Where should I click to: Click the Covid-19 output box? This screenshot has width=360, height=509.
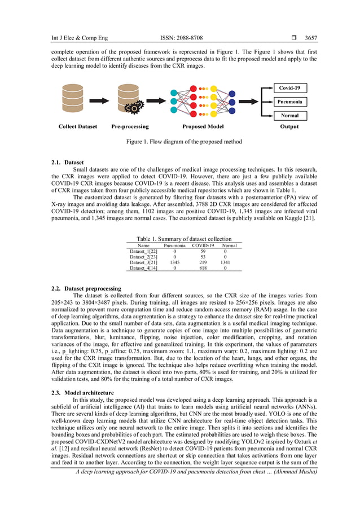click(x=289, y=88)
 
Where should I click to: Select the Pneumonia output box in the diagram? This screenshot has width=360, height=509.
click(x=289, y=102)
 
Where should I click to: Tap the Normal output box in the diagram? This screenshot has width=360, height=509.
click(x=289, y=116)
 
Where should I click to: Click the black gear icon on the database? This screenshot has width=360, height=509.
click(x=135, y=109)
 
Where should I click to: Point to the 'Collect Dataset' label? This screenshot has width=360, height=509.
click(x=78, y=126)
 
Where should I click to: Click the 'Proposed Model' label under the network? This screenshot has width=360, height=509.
click(x=203, y=126)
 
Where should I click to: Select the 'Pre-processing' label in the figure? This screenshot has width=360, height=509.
click(x=130, y=126)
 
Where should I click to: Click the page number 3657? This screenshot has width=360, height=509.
click(x=311, y=38)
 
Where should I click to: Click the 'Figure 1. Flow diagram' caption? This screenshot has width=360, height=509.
click(x=183, y=142)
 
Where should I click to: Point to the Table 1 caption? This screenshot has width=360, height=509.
click(x=184, y=239)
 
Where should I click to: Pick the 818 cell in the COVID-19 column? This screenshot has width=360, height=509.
click(x=203, y=269)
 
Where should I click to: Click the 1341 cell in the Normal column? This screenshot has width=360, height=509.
click(x=229, y=262)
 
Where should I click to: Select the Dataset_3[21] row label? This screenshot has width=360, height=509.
click(x=144, y=262)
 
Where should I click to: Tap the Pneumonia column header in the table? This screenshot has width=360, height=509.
click(x=174, y=245)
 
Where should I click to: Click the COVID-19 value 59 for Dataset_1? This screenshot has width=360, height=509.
click(x=203, y=251)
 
